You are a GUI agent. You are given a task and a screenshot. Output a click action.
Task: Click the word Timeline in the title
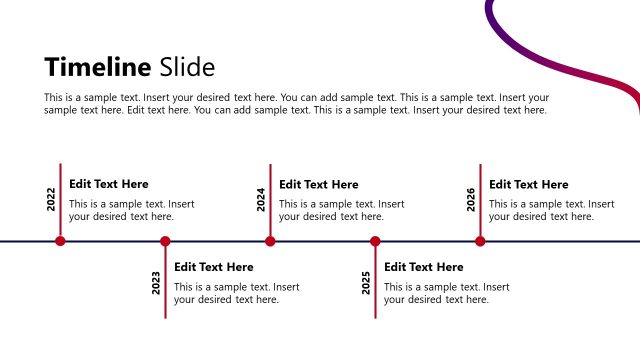[98, 67]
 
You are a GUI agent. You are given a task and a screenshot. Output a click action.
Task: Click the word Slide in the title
[187, 67]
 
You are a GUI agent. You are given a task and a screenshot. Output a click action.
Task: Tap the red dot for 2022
[60, 241]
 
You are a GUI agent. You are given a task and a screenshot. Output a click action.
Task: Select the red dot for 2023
[165, 241]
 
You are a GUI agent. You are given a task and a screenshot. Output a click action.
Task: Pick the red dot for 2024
[270, 241]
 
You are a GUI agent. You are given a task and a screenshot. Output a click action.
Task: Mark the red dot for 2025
[375, 241]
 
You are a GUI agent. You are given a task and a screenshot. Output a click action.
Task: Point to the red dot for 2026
[480, 241]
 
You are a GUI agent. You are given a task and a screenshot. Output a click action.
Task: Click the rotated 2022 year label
[51, 199]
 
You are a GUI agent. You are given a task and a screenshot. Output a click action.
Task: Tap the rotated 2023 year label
[156, 282]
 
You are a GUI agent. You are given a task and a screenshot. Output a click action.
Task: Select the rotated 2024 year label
[261, 199]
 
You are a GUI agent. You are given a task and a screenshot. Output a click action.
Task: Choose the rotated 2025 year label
[366, 282]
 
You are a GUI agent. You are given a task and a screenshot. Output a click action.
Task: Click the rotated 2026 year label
[471, 199]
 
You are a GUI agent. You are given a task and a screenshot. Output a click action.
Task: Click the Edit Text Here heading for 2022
[108, 184]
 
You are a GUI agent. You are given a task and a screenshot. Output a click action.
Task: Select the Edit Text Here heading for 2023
[213, 267]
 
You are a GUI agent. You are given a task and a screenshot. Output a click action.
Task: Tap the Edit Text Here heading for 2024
[318, 184]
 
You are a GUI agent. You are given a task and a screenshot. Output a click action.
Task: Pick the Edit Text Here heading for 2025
[423, 267]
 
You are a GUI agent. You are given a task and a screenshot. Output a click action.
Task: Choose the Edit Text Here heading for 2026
[528, 184]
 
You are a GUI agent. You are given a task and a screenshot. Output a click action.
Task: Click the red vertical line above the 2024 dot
[270, 200]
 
